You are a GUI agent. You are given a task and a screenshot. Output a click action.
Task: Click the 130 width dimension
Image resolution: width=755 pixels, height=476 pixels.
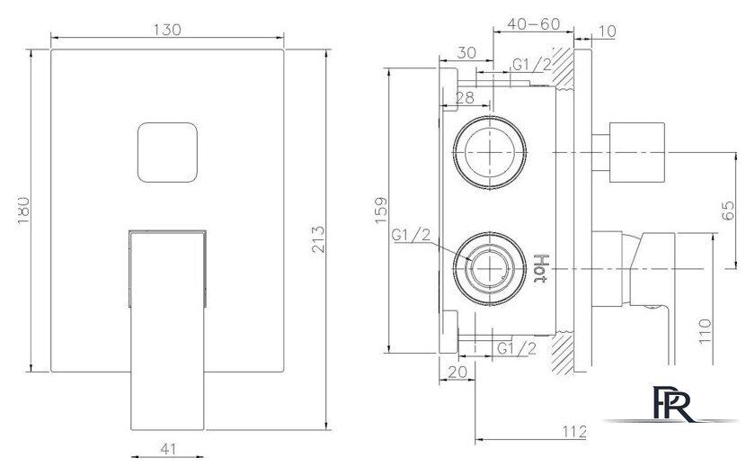point(168,29)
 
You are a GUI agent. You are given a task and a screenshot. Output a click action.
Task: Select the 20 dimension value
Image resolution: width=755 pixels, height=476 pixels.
point(457,371)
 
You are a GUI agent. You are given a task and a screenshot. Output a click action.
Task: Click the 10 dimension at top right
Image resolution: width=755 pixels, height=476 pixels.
point(607,31)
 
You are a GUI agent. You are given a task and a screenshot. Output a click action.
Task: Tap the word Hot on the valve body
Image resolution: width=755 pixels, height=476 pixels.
point(541,268)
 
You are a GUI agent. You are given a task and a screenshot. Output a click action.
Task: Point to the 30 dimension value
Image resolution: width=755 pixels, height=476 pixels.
point(466,52)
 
